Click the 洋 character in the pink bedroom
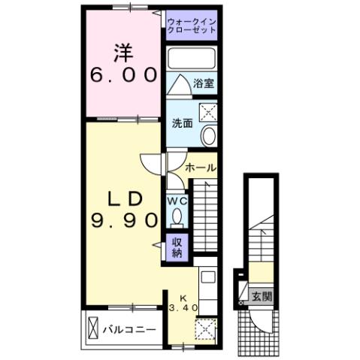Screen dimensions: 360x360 coord(123,52)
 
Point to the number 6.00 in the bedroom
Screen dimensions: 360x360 coord(124,75)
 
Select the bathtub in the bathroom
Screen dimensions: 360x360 coord(191,59)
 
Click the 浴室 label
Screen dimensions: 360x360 coord(203,83)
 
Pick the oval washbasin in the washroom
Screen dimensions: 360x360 coord(208,136)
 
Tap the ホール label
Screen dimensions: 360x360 coord(201,167)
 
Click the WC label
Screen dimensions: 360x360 coord(176,201)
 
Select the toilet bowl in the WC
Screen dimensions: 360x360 coord(177,218)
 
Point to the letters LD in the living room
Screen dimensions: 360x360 coord(124,198)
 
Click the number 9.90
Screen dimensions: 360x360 coord(124,220)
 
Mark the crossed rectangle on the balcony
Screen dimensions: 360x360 coord(93,329)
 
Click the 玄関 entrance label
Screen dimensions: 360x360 coord(262,295)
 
